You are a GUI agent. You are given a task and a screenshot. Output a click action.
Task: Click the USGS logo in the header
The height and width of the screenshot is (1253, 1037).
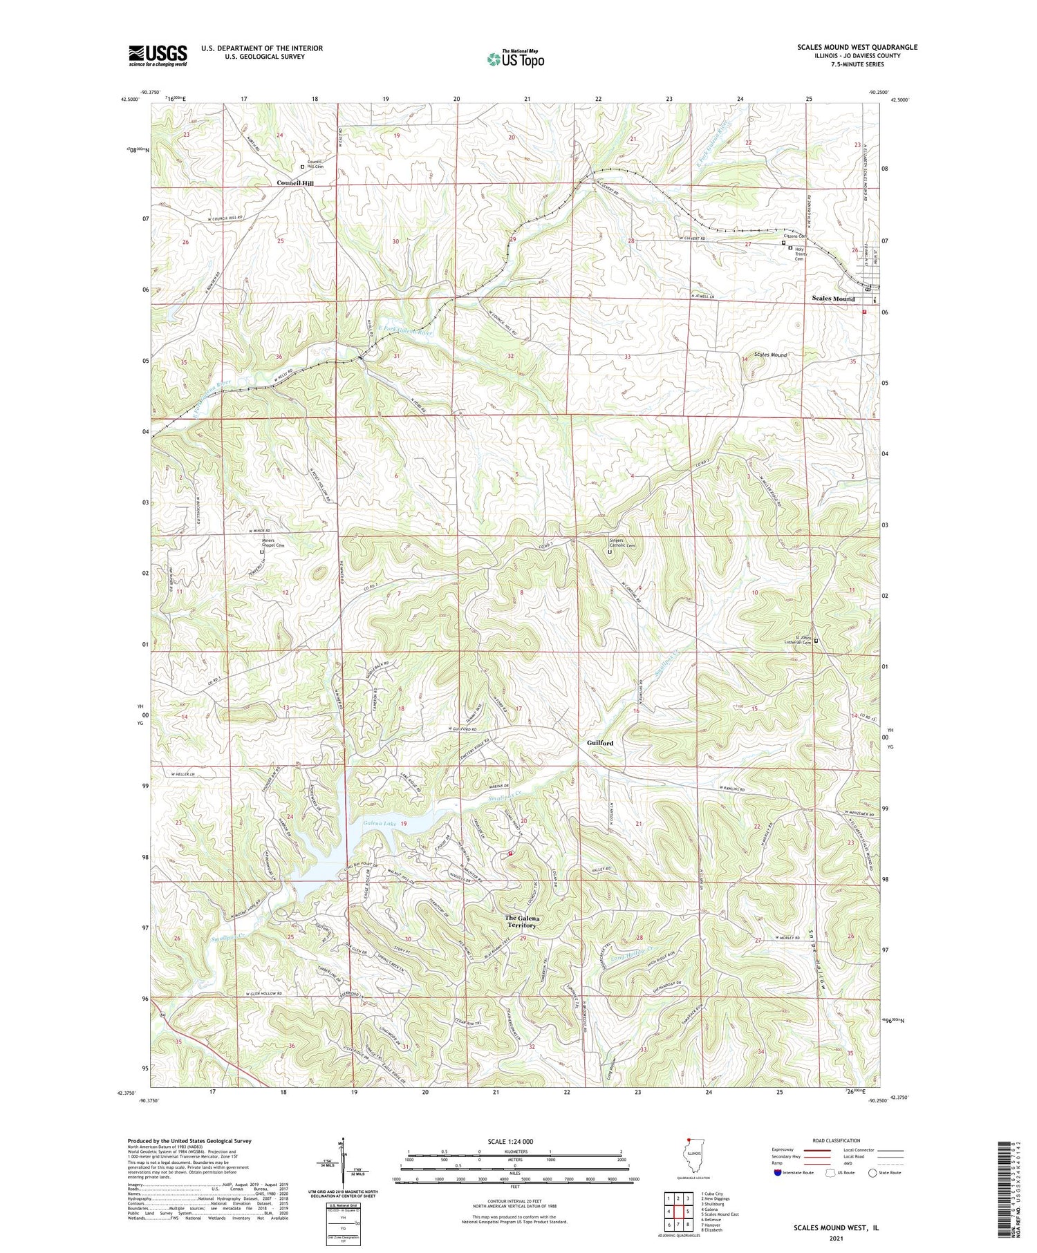click(158, 55)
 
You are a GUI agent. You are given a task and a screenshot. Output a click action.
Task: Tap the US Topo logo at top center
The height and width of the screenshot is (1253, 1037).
click(516, 59)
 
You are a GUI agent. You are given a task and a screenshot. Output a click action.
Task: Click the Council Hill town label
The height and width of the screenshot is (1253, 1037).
click(295, 183)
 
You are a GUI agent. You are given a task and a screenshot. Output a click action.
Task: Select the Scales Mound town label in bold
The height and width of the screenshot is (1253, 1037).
click(833, 299)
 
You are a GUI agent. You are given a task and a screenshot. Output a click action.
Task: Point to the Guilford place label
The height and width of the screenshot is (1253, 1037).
click(600, 743)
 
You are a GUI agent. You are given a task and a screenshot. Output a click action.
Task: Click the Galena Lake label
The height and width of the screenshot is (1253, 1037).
click(378, 823)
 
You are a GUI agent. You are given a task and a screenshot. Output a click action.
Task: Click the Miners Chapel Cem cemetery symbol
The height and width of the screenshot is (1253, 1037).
click(262, 552)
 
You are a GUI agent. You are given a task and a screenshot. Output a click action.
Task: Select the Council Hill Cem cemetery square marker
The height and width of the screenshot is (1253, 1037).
click(302, 167)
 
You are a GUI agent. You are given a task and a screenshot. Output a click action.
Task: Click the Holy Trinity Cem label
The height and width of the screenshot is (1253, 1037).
click(802, 254)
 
